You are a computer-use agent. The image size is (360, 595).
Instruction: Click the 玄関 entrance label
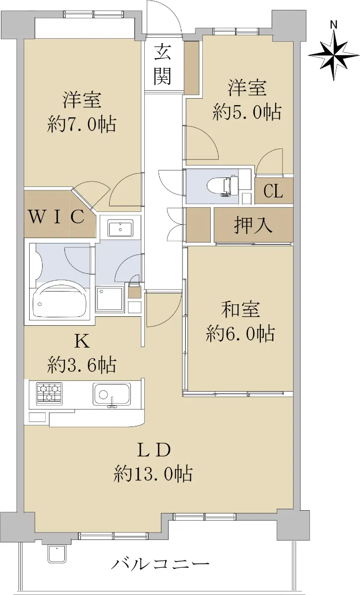point(162,64)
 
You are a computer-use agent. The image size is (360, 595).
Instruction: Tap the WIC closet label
point(57,217)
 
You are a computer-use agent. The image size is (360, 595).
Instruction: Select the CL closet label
point(273,191)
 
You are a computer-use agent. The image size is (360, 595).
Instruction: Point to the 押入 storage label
point(253,225)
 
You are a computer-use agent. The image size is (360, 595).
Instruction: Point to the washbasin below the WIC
point(120,228)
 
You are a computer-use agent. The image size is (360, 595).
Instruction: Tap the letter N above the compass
point(334,25)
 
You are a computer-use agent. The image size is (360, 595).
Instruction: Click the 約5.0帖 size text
point(247,112)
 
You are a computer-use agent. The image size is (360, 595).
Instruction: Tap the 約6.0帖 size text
point(240,334)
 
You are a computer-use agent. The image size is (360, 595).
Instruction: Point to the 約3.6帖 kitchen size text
point(81,365)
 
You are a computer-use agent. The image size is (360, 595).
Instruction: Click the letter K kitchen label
point(82,342)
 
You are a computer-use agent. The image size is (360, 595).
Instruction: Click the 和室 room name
point(240,310)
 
